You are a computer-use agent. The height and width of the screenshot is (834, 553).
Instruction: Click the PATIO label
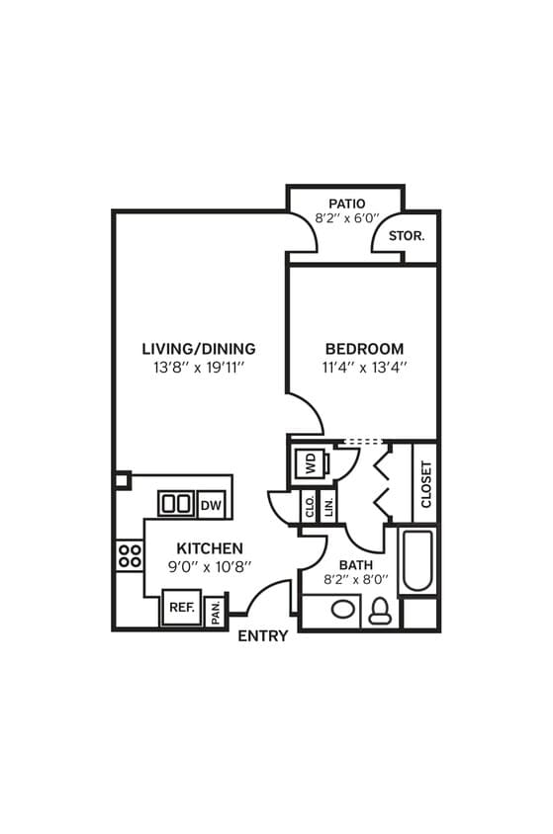(325, 204)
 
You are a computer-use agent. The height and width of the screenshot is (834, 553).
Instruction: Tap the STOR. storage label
(406, 236)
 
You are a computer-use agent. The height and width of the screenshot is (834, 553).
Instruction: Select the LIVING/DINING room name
(198, 349)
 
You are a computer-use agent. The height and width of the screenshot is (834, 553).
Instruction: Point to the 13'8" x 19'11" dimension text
(198, 367)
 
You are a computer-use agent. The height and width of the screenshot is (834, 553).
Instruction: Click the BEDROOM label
(364, 349)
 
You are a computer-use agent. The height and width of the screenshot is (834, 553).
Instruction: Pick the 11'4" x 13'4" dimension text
(364, 367)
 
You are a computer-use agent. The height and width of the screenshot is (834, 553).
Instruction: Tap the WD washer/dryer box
(309, 464)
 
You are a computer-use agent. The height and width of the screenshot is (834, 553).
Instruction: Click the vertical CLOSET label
(426, 484)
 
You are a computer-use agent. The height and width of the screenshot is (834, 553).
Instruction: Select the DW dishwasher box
(211, 505)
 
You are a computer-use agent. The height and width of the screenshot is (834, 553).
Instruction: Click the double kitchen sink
(176, 504)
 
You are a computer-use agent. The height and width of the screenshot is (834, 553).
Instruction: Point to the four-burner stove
(129, 554)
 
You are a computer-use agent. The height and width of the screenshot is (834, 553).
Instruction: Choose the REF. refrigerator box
(181, 607)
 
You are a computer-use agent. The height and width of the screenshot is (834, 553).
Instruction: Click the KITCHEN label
(210, 548)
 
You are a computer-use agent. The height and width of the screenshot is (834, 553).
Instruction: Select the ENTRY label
(263, 636)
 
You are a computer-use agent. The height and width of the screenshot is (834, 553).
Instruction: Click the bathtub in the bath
(417, 562)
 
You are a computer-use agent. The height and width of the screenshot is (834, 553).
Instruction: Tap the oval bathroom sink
(342, 610)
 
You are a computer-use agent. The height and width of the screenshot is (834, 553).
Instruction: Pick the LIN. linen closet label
(327, 507)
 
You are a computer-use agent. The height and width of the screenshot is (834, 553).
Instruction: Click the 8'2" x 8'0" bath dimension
(356, 581)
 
